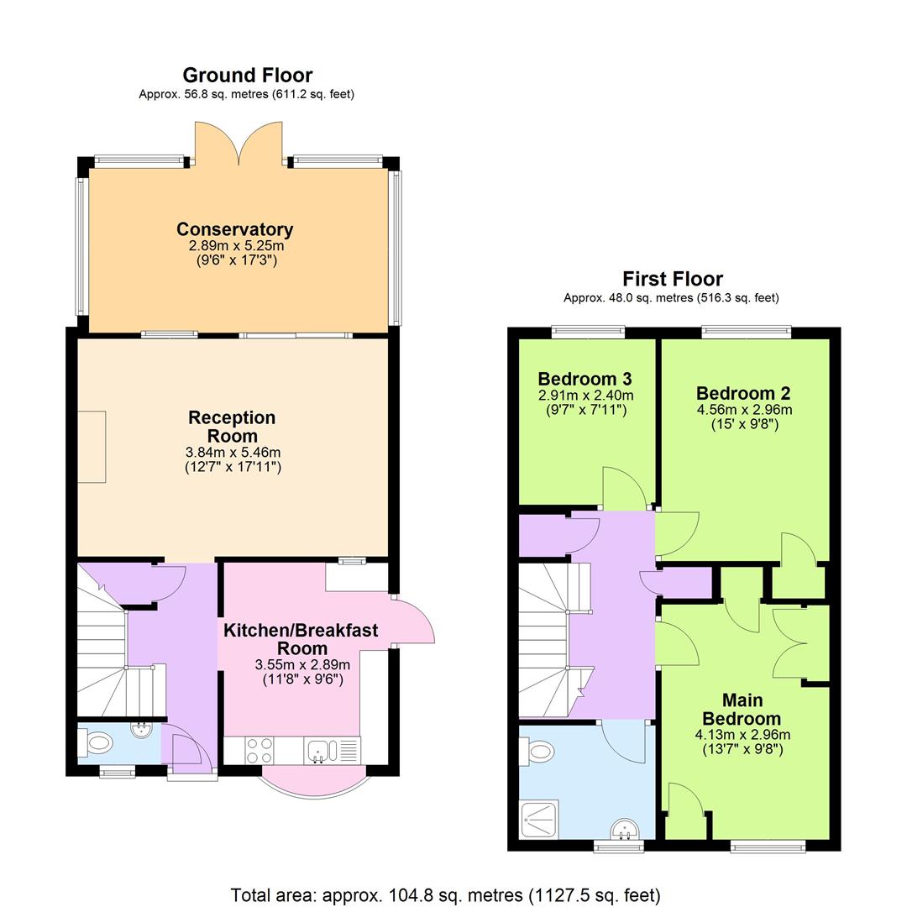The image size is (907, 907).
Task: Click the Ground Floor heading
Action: pyautogui.click(x=247, y=76)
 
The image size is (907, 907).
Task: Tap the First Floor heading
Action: pyautogui.click(x=672, y=279)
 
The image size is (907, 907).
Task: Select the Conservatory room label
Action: pyautogui.click(x=234, y=229)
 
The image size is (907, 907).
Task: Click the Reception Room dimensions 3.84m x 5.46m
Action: pyautogui.click(x=233, y=452)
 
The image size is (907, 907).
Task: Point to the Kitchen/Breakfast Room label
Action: pyautogui.click(x=301, y=639)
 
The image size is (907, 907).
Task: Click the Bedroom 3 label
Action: pyautogui.click(x=585, y=379)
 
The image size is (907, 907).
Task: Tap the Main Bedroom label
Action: pyautogui.click(x=742, y=710)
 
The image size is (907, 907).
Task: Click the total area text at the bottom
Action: pyautogui.click(x=445, y=895)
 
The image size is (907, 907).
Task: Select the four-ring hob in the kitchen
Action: pyautogui.click(x=260, y=748)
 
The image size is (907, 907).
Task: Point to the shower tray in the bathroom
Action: pyautogui.click(x=539, y=819)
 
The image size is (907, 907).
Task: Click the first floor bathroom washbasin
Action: pyautogui.click(x=624, y=830)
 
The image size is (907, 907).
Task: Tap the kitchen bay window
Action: pyautogui.click(x=315, y=782)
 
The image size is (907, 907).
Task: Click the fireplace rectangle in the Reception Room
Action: pyautogui.click(x=92, y=447)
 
